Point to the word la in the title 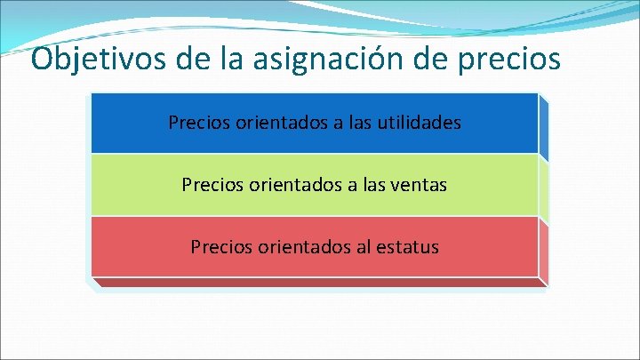coord(228,59)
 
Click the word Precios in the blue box coord(199,123)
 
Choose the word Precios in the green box coord(212,185)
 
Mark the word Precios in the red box coord(220,247)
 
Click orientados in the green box coord(292,185)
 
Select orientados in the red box coord(300,247)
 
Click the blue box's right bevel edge coord(544,129)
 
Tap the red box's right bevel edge coord(544,252)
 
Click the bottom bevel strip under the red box coord(320,284)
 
